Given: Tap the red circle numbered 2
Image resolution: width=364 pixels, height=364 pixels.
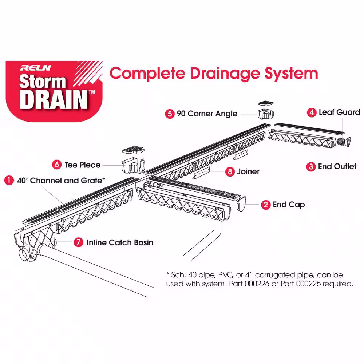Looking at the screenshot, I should tap(265, 205).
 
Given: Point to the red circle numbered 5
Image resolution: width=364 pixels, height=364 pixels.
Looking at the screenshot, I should tap(170, 114).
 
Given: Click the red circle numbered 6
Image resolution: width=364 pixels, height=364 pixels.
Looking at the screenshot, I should tap(57, 165).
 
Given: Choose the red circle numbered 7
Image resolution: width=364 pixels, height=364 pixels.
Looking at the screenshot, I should tap(78, 242).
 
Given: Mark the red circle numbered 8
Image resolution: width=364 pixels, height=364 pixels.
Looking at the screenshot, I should tap(229, 171).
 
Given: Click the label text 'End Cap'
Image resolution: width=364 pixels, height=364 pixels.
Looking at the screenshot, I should tap(289, 205).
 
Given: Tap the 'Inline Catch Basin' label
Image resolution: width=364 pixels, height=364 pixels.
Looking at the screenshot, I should tap(120, 242).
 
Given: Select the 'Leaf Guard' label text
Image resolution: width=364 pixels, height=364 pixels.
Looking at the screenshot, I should tap(339, 112).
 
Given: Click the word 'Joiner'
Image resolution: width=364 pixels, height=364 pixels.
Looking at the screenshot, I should tap(248, 171).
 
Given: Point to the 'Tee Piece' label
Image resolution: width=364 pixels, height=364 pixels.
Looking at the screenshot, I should tap(82, 165).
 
